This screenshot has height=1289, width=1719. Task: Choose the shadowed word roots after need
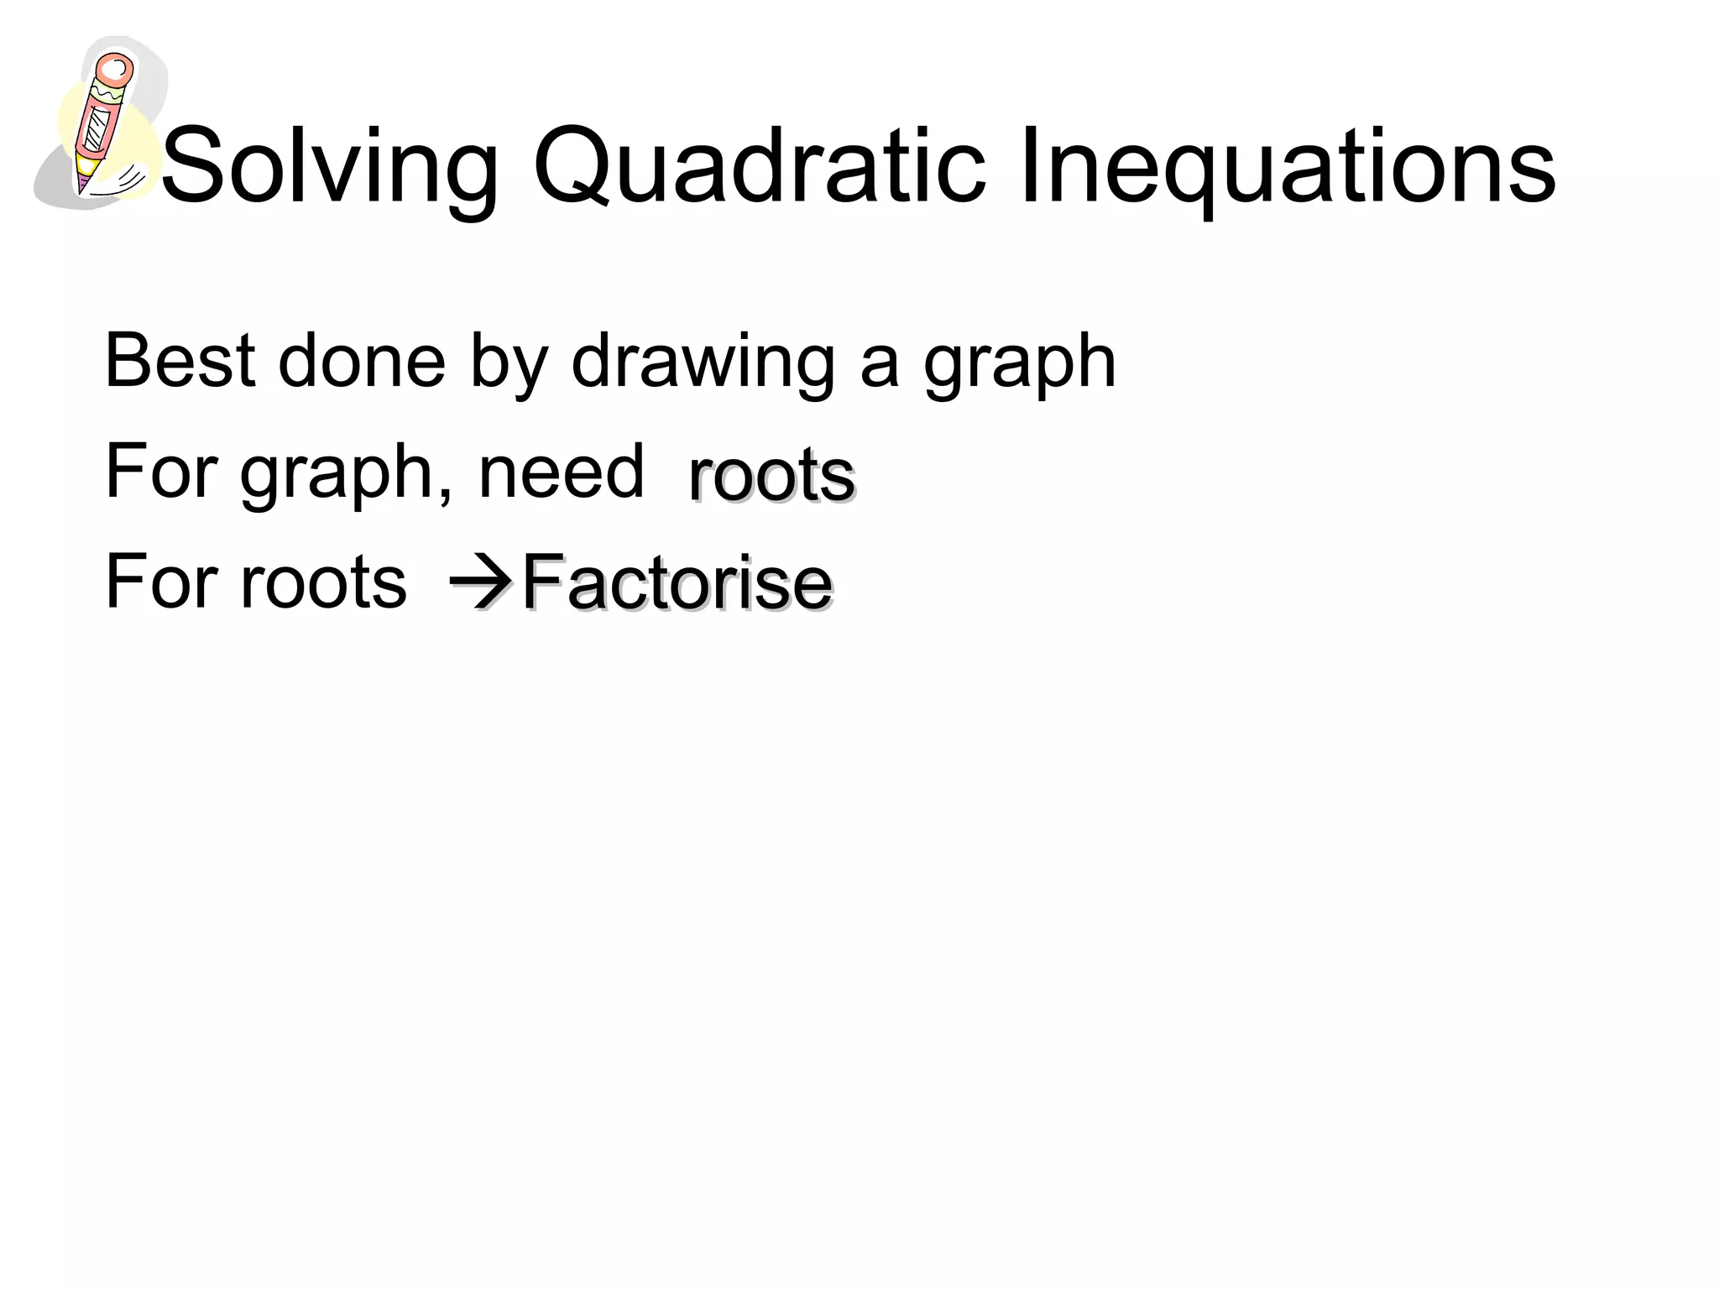(771, 476)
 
